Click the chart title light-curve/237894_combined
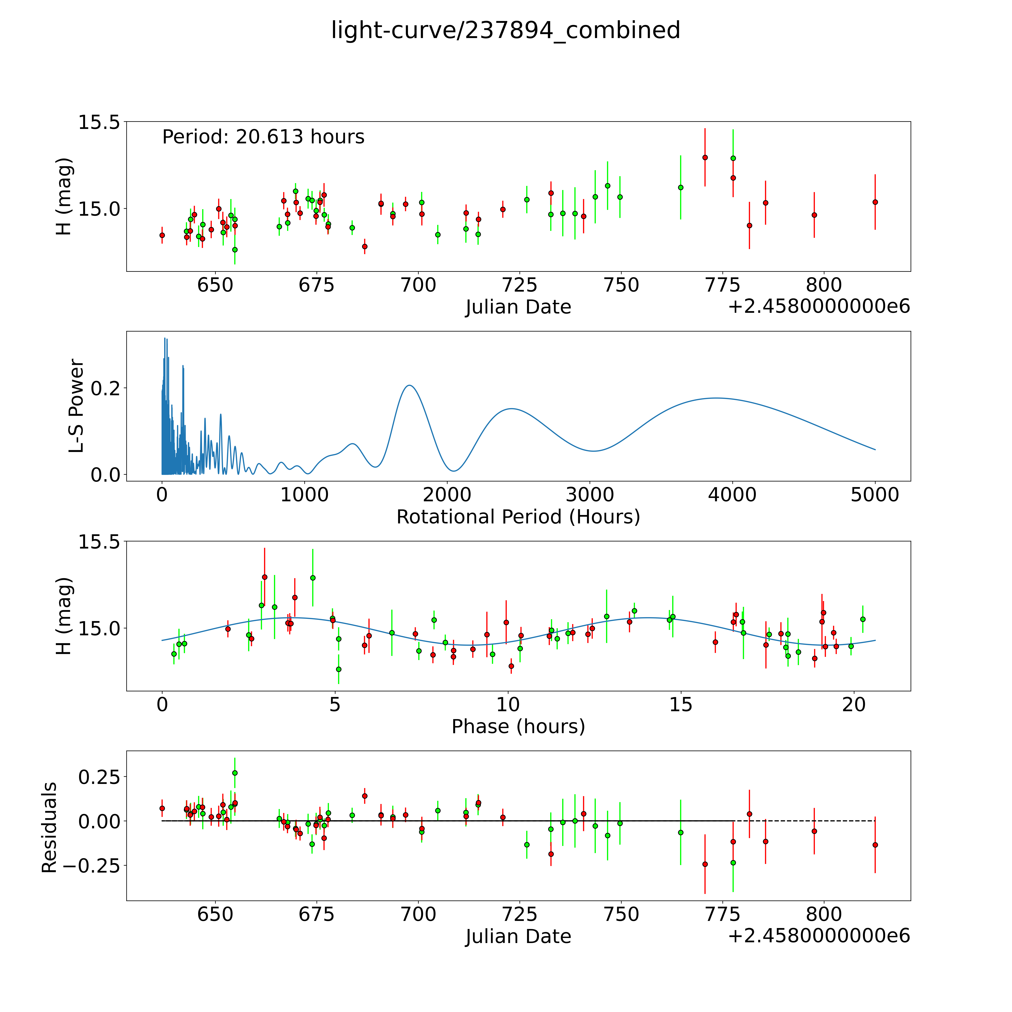click(505, 30)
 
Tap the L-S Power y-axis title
click(76, 406)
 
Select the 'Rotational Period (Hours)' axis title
click(518, 517)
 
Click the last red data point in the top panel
click(875, 202)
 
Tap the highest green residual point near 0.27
click(235, 773)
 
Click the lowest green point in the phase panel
click(338, 669)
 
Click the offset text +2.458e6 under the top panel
click(819, 307)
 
